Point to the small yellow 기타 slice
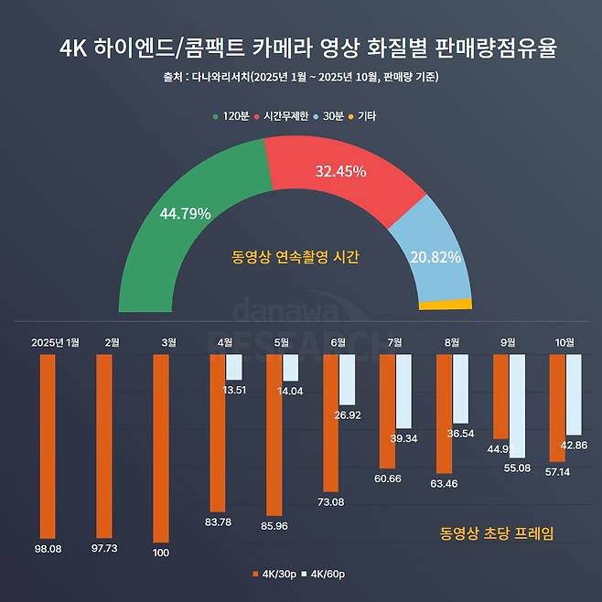click(446, 305)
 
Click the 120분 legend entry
click(231, 116)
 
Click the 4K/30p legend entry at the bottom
click(275, 574)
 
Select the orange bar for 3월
click(161, 448)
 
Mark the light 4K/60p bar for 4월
click(234, 367)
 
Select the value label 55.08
click(518, 468)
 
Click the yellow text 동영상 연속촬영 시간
click(296, 258)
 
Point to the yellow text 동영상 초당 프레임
click(497, 532)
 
